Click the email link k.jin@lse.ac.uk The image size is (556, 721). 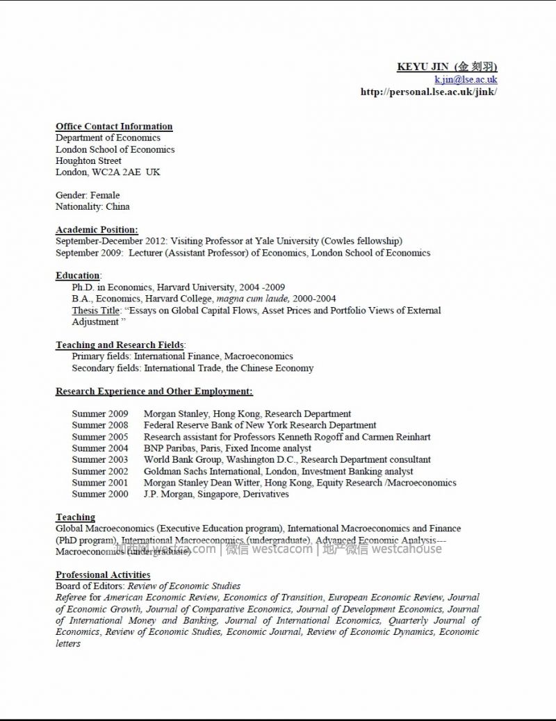(466, 79)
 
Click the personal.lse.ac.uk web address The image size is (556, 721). (429, 91)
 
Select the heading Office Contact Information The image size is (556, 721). (114, 126)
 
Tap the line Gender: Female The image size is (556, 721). (88, 195)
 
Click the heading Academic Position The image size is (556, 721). (97, 230)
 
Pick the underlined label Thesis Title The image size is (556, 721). (97, 310)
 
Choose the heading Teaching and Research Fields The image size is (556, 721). (120, 345)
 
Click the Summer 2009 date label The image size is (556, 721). (100, 414)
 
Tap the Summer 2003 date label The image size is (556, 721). (100, 460)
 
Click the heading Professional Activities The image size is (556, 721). (103, 574)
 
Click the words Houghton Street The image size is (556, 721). (88, 160)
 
